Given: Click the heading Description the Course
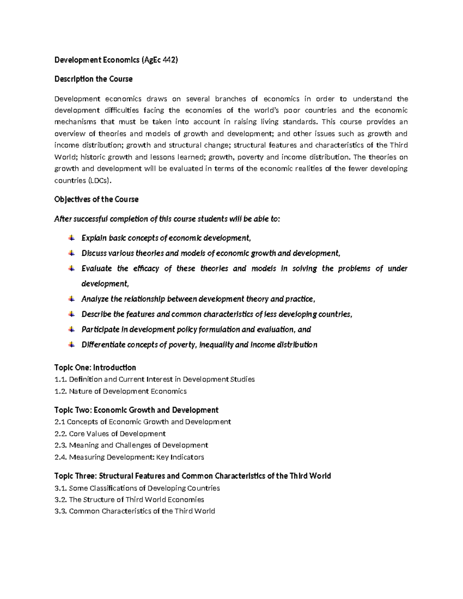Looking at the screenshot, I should pos(93,79).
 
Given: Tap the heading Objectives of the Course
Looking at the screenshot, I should pos(96,199).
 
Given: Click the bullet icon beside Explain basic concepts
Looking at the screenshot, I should pos(71,238).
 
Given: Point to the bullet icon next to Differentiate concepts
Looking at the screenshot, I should pos(71,344).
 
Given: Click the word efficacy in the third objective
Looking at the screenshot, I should pos(146,268).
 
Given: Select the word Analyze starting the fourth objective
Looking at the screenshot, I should pos(95,299).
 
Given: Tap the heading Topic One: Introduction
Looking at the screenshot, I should pos(95,368).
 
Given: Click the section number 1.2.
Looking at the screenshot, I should pos(61,391).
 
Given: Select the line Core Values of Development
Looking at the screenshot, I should pos(117,434).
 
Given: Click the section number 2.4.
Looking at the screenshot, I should pos(61,457).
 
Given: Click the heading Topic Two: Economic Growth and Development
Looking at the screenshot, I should pos(136,410).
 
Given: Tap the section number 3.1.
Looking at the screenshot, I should pos(61,488).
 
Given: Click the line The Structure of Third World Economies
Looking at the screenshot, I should pos(137,499).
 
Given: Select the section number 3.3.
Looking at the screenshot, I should pos(61,511).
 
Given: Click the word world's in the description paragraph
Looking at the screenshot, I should pos(265,110).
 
